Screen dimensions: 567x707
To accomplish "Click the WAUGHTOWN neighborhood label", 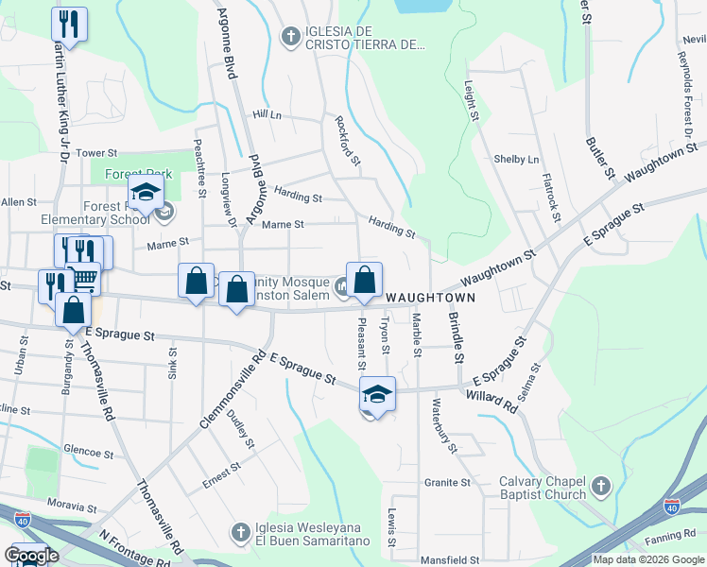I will [x=430, y=297].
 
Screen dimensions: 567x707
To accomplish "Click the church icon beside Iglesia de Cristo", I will [x=291, y=38].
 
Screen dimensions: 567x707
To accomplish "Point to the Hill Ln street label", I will [x=267, y=114].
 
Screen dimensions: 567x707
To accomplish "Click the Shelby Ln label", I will [x=516, y=160].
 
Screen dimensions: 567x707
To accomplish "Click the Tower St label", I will [x=95, y=153].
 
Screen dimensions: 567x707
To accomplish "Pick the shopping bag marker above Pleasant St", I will [x=364, y=280].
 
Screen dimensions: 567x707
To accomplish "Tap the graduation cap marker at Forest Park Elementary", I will [x=146, y=193].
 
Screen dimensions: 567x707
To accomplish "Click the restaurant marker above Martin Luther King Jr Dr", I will [x=69, y=23].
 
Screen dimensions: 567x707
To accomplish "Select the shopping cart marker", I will [x=84, y=278].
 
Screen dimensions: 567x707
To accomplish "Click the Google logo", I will [x=31, y=557].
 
